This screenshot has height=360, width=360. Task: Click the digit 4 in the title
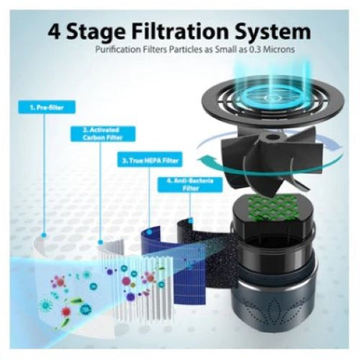[54, 31]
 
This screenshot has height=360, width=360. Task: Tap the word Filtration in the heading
[181, 31]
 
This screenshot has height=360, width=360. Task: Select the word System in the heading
[273, 32]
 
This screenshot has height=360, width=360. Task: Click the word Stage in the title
[96, 33]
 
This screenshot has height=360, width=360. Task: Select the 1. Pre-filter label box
[46, 107]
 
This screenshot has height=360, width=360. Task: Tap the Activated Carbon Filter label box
[103, 134]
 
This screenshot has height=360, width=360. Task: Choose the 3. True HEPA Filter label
[150, 160]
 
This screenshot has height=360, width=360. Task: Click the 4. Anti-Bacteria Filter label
[190, 184]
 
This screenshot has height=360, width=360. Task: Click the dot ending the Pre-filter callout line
[44, 235]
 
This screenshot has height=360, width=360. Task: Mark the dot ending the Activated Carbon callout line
[100, 242]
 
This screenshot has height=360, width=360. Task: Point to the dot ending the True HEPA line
[149, 232]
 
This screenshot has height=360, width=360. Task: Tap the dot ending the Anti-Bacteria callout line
[190, 220]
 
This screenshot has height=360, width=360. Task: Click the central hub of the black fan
[271, 137]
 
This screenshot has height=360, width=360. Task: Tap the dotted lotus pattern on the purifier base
[272, 315]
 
